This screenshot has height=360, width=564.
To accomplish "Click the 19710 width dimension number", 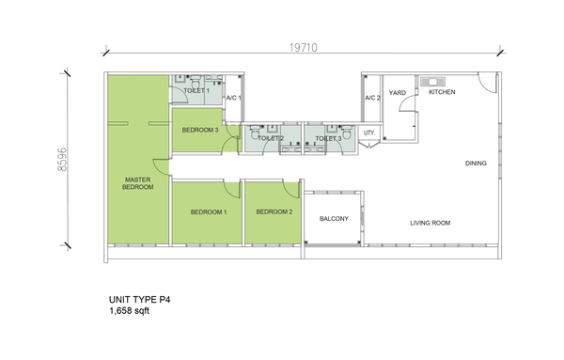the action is click(x=304, y=48).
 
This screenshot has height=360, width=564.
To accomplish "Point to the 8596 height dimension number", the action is click(x=62, y=159).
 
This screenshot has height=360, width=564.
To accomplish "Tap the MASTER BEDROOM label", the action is click(x=138, y=183).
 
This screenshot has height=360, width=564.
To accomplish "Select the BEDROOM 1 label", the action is click(x=209, y=212).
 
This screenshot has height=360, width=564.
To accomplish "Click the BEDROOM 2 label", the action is click(x=274, y=211).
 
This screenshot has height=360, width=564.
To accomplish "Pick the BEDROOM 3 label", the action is click(x=200, y=130).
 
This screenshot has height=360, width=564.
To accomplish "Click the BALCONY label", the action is click(x=334, y=219).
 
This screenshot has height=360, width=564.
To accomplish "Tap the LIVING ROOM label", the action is click(x=431, y=223).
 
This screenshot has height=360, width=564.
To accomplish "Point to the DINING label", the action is click(x=476, y=164).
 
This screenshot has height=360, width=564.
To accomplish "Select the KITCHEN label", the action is click(x=442, y=92).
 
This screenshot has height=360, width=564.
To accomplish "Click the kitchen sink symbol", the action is click(x=432, y=82).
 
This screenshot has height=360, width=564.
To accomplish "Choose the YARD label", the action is click(x=398, y=93).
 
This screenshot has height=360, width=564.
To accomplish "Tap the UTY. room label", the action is click(x=369, y=133).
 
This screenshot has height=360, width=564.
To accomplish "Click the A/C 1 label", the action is click(x=234, y=98).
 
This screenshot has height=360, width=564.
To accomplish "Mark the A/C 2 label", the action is click(x=372, y=98).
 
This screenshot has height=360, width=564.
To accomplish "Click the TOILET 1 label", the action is click(x=196, y=91).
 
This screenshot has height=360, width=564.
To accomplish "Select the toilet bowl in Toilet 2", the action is click(x=255, y=132).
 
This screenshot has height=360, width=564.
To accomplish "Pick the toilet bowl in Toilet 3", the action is click(x=346, y=132).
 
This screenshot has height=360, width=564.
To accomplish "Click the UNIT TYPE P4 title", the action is click(x=139, y=300).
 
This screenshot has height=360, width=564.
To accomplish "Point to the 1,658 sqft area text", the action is click(x=130, y=311).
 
